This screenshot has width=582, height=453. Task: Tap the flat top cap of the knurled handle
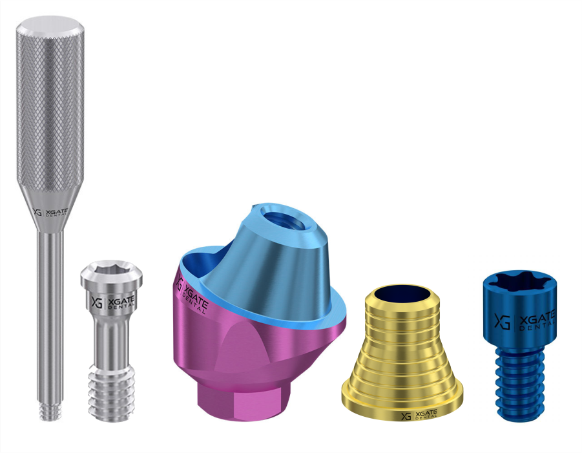tap(50, 28)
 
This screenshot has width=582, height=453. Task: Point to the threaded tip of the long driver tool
tap(50, 412)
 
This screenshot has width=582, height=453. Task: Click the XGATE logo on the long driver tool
tap(50, 213)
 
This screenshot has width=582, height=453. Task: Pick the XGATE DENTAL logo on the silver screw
tap(113, 302)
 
